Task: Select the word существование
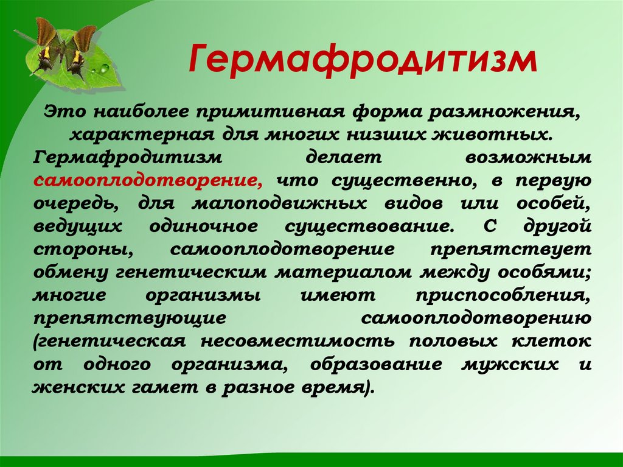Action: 369,226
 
